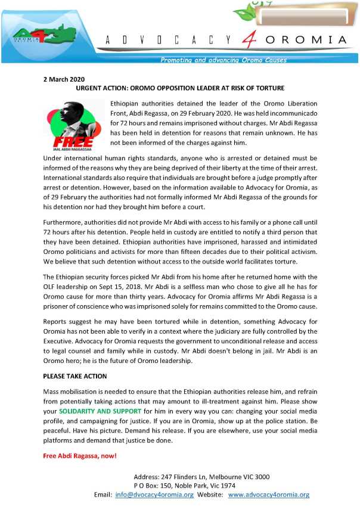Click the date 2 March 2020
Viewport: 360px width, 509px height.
point(64,79)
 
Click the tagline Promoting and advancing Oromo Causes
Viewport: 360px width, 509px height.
point(224,60)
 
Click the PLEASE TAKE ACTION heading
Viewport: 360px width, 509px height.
point(75,377)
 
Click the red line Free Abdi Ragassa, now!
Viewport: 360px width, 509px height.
point(80,456)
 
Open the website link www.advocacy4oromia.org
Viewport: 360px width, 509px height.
point(269,495)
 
